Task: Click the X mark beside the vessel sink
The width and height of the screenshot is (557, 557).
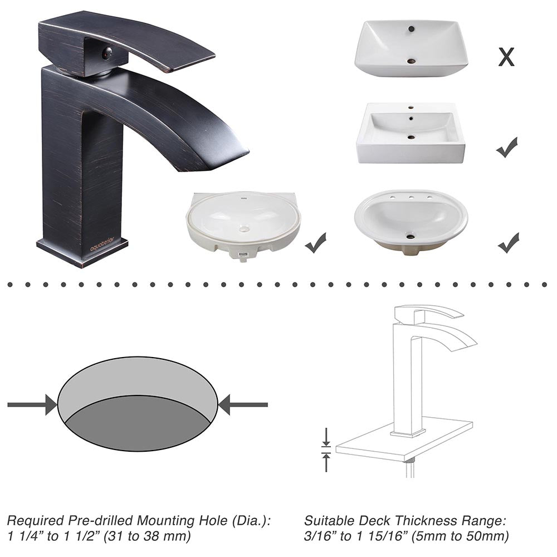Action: [506, 56]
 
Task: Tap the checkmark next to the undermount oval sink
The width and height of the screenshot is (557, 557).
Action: [316, 243]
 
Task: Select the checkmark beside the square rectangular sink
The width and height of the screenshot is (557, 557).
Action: [507, 147]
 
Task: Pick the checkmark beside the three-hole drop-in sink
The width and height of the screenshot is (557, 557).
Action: [508, 243]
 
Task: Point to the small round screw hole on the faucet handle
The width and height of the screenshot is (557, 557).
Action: [107, 53]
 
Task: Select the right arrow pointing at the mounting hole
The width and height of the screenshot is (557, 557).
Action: [243, 404]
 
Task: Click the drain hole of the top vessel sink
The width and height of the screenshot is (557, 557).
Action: [411, 61]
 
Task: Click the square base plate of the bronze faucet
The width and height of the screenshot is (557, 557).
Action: [82, 252]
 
